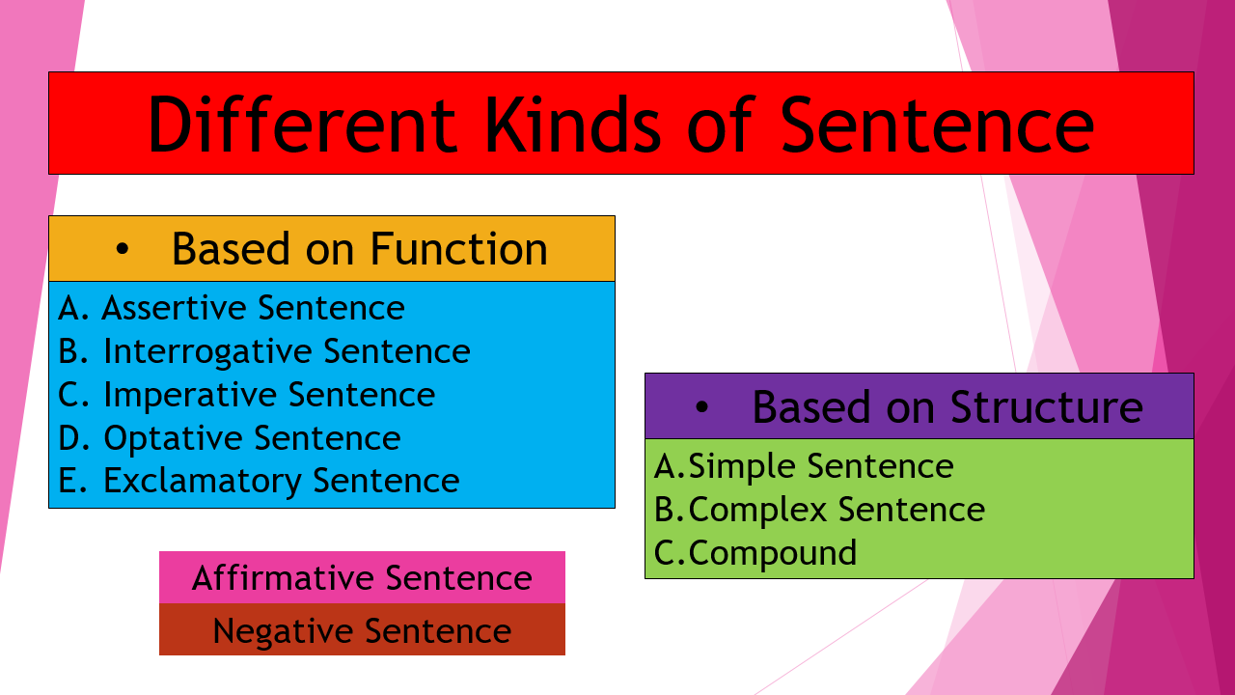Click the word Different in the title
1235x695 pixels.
301,124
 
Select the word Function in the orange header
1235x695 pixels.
459,249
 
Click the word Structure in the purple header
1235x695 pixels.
1047,406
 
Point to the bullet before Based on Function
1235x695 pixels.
122,250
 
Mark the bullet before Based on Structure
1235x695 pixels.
701,407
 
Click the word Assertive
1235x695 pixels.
174,308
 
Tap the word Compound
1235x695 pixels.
773,553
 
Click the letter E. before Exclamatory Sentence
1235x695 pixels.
71,481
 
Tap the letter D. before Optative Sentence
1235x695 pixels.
72,438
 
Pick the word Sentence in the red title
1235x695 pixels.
938,124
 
